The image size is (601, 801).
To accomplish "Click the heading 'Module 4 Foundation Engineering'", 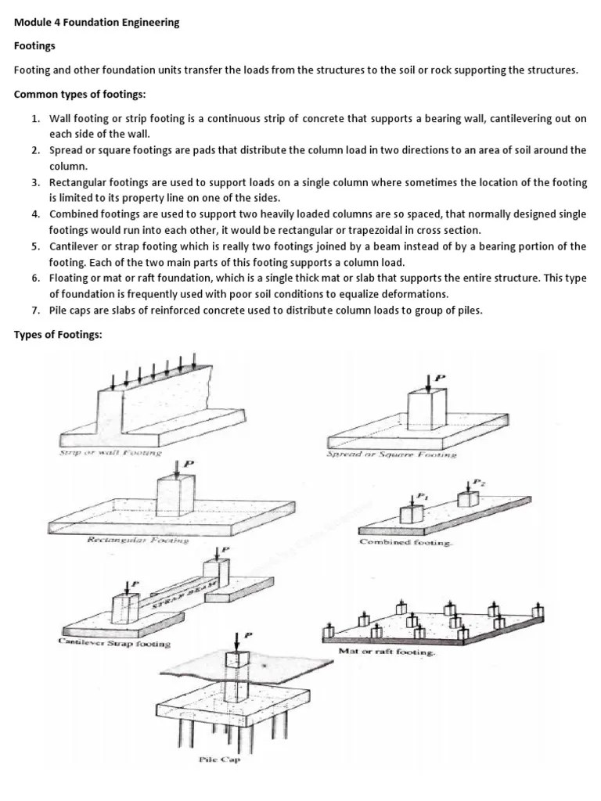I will click(96, 23).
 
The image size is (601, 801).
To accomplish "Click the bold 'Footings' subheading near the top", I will click(35, 46).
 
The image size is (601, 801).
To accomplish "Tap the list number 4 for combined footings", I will click(36, 214).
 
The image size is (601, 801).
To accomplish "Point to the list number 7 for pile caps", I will click(36, 311).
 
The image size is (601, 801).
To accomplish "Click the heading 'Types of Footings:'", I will click(58, 335).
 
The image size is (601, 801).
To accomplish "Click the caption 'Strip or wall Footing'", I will click(110, 452).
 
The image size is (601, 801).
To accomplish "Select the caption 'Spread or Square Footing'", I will click(391, 454).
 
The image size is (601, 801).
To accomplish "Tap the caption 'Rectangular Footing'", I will click(137, 540).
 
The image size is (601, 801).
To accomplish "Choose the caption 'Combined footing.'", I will click(405, 542).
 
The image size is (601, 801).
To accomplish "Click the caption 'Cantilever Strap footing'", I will click(114, 643).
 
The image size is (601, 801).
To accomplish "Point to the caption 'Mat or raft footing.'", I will click(386, 651).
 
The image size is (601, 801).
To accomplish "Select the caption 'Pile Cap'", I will click(218, 760).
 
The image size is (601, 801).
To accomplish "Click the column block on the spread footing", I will click(428, 412).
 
